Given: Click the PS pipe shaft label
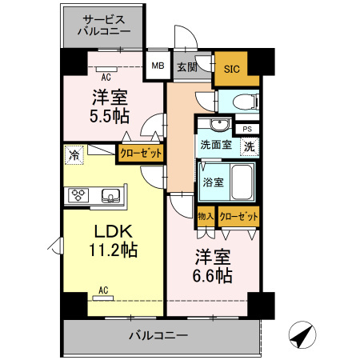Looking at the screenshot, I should coord(246,128).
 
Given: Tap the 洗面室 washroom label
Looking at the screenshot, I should coord(214,147).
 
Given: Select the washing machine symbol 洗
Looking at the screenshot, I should coord(249,146).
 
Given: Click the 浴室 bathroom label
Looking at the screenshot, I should coord(212,182).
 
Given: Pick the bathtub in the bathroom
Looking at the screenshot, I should coord(241,182).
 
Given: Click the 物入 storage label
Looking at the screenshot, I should coord(206,216).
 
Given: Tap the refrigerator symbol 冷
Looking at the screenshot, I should coord(74,154).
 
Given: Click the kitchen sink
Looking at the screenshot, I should coord(112,195).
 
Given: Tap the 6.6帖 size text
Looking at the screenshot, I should coord(213,276).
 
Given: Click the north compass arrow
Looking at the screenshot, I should coord(300,337).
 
